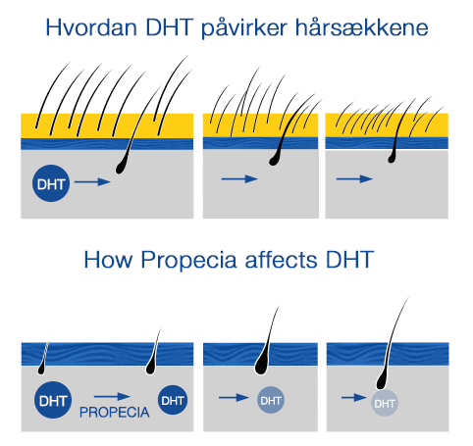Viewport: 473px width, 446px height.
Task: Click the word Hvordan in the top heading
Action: click(x=91, y=27)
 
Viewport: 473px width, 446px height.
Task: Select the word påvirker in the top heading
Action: click(x=244, y=29)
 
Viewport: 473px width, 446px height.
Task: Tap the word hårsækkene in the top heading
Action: click(x=362, y=27)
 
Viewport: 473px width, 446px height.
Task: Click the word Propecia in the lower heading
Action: click(x=188, y=261)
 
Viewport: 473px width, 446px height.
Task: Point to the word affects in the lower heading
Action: click(x=281, y=260)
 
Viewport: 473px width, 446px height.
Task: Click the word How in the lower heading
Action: click(x=108, y=260)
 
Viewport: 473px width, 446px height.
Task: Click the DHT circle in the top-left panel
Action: click(x=51, y=183)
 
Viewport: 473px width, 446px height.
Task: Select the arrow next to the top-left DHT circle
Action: click(x=92, y=182)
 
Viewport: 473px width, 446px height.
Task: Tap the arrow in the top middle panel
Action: click(x=239, y=178)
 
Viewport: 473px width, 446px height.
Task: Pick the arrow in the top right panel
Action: click(x=354, y=178)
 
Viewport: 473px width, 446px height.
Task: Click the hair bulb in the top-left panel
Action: click(x=121, y=168)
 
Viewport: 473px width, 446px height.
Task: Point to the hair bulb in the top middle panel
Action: click(x=274, y=160)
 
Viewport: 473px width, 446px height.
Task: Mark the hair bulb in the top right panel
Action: click(x=392, y=159)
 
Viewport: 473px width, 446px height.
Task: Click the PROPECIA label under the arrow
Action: click(x=115, y=413)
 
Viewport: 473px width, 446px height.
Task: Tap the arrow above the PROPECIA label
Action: click(x=112, y=397)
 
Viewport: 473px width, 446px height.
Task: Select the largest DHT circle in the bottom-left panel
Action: click(x=53, y=400)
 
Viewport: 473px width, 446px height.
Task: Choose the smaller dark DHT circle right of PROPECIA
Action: click(x=173, y=400)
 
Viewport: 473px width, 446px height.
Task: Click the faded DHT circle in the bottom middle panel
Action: click(x=271, y=400)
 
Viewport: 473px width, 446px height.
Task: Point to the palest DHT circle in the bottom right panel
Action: click(x=385, y=403)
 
